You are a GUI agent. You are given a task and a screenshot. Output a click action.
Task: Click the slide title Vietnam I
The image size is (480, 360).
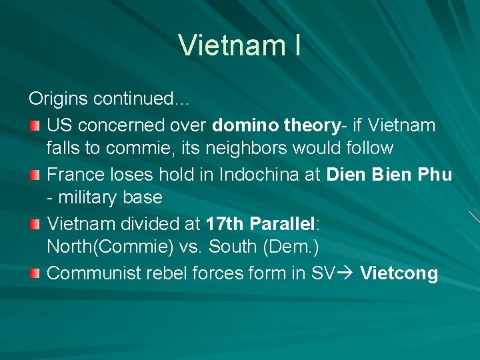click(x=239, y=45)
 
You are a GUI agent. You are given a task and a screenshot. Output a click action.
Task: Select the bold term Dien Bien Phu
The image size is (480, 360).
click(x=389, y=174)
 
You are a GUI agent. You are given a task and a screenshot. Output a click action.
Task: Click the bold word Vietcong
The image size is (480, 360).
click(x=399, y=273)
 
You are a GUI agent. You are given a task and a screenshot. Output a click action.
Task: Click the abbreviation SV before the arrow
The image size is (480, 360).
click(x=323, y=273)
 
